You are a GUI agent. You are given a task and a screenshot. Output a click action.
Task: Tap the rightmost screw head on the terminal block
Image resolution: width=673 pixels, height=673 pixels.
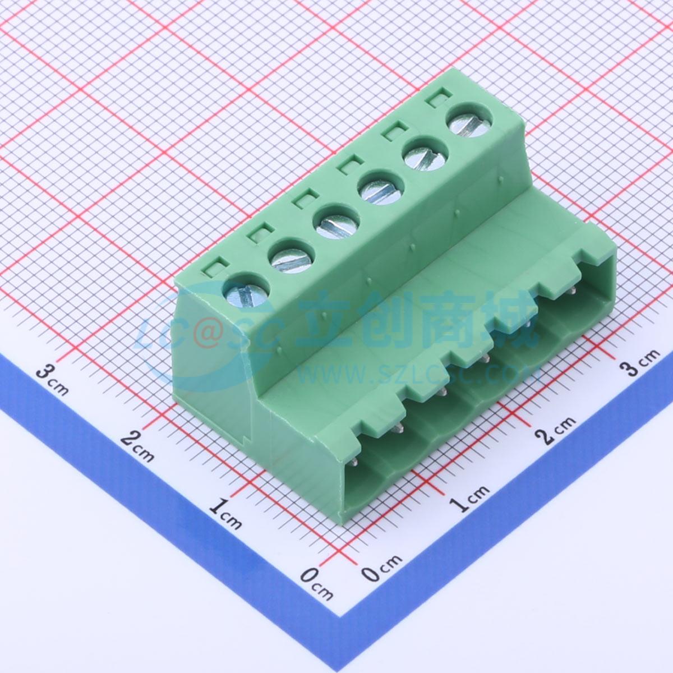pos(471,124)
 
